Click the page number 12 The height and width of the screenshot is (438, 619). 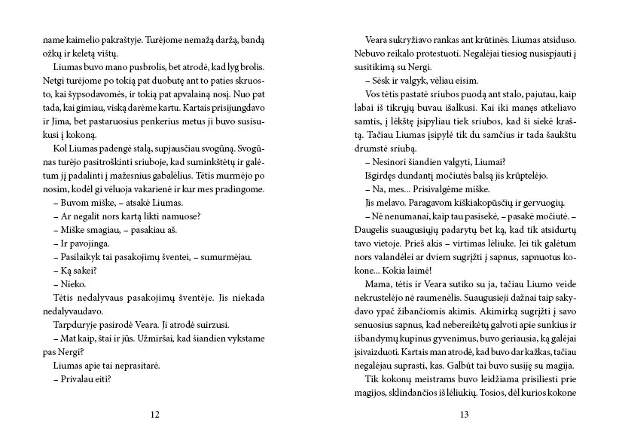(154, 414)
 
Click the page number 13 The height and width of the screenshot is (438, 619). (464, 414)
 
